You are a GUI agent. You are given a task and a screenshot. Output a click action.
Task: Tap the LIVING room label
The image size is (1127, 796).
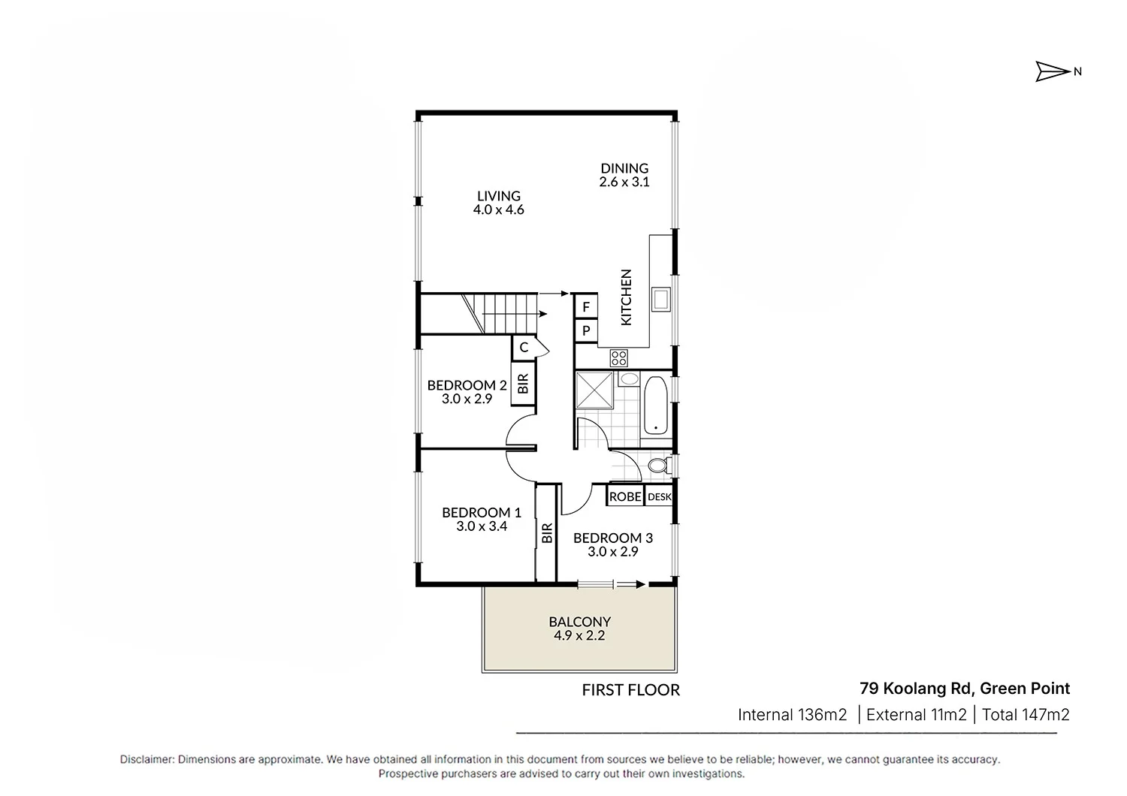(x=498, y=196)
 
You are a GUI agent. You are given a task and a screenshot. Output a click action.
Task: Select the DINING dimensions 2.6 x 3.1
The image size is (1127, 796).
(x=624, y=182)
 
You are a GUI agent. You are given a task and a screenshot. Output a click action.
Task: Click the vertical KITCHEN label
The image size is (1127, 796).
(x=626, y=297)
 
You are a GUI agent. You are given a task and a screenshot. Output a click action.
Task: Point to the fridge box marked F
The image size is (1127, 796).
(x=586, y=307)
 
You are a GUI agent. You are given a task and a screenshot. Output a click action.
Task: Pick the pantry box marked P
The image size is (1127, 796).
(x=586, y=330)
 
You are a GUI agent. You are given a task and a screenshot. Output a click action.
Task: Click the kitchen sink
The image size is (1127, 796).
(x=662, y=300)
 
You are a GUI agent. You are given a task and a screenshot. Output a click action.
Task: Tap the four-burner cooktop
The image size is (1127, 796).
(x=619, y=357)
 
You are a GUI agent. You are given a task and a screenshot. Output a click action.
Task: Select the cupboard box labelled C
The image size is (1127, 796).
(x=524, y=347)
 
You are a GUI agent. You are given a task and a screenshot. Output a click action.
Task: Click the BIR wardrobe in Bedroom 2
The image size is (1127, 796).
(x=523, y=384)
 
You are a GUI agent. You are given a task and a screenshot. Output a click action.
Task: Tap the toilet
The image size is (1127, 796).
(x=658, y=466)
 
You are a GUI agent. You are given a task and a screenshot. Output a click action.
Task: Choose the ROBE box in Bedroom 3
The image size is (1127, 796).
(x=625, y=496)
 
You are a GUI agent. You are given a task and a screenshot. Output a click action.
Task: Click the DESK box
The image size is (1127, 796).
(x=659, y=496)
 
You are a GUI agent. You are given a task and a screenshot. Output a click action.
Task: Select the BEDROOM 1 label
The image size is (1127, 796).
(x=481, y=513)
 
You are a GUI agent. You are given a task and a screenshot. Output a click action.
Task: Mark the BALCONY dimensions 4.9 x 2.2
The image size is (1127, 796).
(x=579, y=635)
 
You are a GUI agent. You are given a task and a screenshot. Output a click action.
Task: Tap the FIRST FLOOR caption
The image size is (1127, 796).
(x=630, y=690)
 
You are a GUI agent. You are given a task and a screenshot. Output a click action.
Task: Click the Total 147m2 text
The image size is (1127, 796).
(x=1025, y=715)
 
